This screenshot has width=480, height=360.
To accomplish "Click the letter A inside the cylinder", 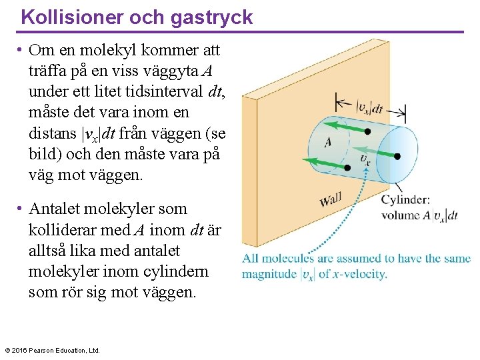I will click(328, 142).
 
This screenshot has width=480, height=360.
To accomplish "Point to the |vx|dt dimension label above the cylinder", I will click(369, 107).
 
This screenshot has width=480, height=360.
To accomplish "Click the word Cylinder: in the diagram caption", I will click(405, 199).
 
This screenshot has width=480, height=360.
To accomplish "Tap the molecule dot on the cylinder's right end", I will click(397, 157).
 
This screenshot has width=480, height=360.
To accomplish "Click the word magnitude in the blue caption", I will click(270, 274).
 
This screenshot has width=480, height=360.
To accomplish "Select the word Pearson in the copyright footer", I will click(42, 350).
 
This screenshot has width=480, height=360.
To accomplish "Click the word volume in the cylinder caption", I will click(401, 215).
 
